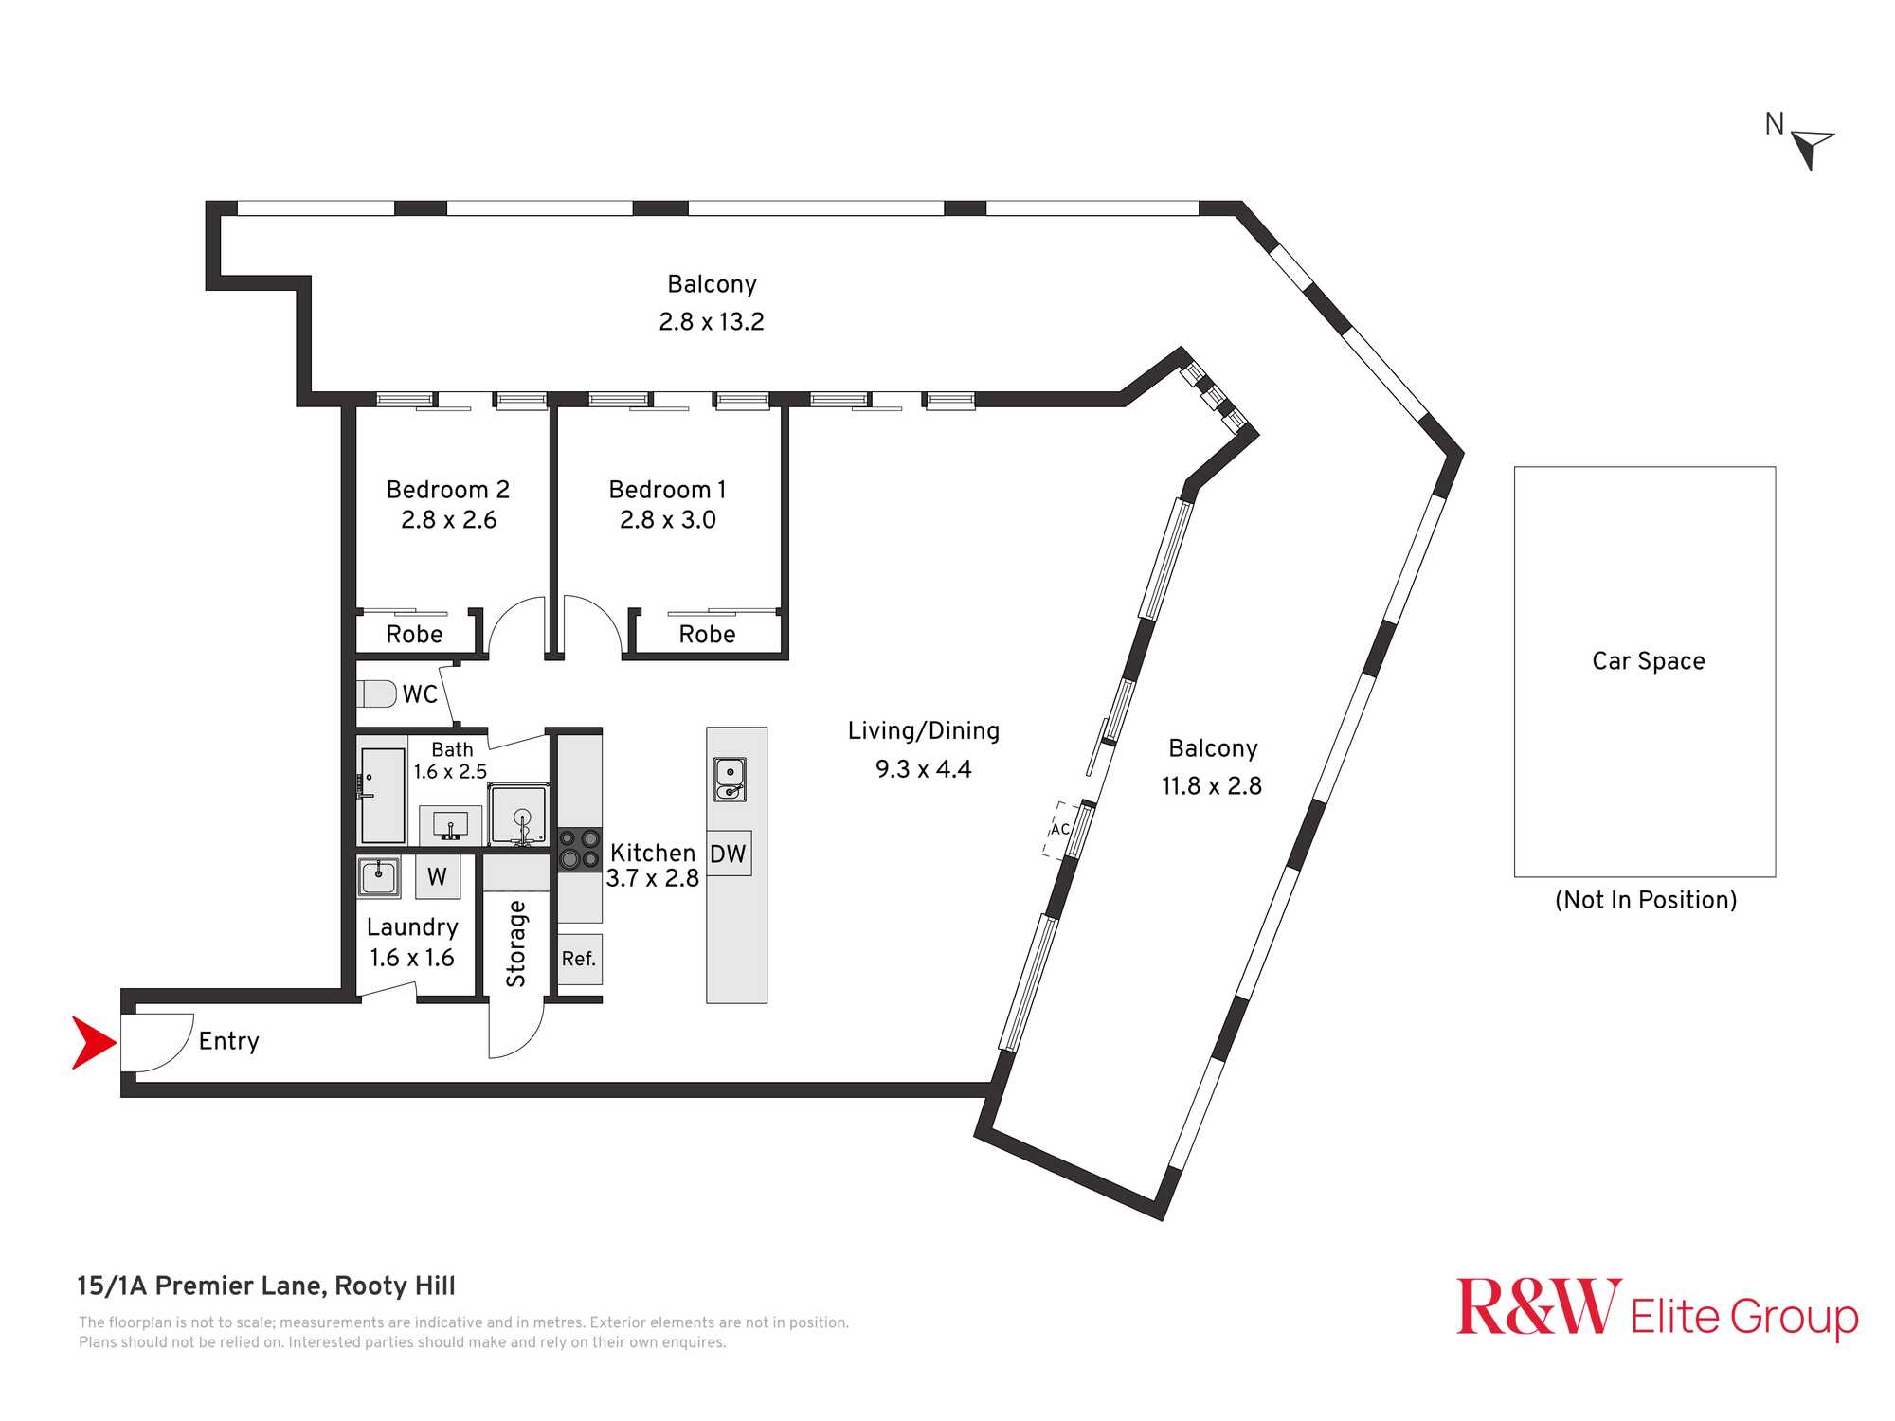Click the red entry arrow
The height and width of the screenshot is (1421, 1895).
pyautogui.click(x=93, y=1043)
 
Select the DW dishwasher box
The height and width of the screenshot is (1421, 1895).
pyautogui.click(x=729, y=854)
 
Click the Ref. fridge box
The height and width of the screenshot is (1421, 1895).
pyautogui.click(x=579, y=959)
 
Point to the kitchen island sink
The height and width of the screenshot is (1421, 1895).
pyautogui.click(x=730, y=779)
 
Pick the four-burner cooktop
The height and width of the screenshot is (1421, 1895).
pyautogui.click(x=579, y=849)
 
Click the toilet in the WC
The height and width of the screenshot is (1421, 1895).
pyautogui.click(x=376, y=693)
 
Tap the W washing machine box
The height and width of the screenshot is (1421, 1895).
pyautogui.click(x=438, y=876)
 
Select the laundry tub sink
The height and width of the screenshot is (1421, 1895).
pyautogui.click(x=378, y=876)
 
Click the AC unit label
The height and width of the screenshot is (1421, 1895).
pyautogui.click(x=1060, y=830)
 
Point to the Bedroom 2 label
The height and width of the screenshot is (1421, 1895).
pyautogui.click(x=448, y=490)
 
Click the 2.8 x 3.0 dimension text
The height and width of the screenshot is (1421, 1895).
pyautogui.click(x=668, y=520)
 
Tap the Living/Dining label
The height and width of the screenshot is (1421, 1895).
pyautogui.click(x=924, y=731)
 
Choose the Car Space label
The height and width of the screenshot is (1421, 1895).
pyautogui.click(x=1649, y=661)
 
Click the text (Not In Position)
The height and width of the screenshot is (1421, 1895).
pyautogui.click(x=1646, y=900)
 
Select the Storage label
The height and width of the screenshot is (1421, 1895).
pyautogui.click(x=516, y=944)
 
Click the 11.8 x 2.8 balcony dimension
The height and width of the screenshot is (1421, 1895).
pyautogui.click(x=1212, y=786)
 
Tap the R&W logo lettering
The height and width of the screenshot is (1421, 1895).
pyautogui.click(x=1539, y=1307)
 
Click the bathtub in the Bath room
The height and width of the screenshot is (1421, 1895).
pyautogui.click(x=384, y=796)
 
